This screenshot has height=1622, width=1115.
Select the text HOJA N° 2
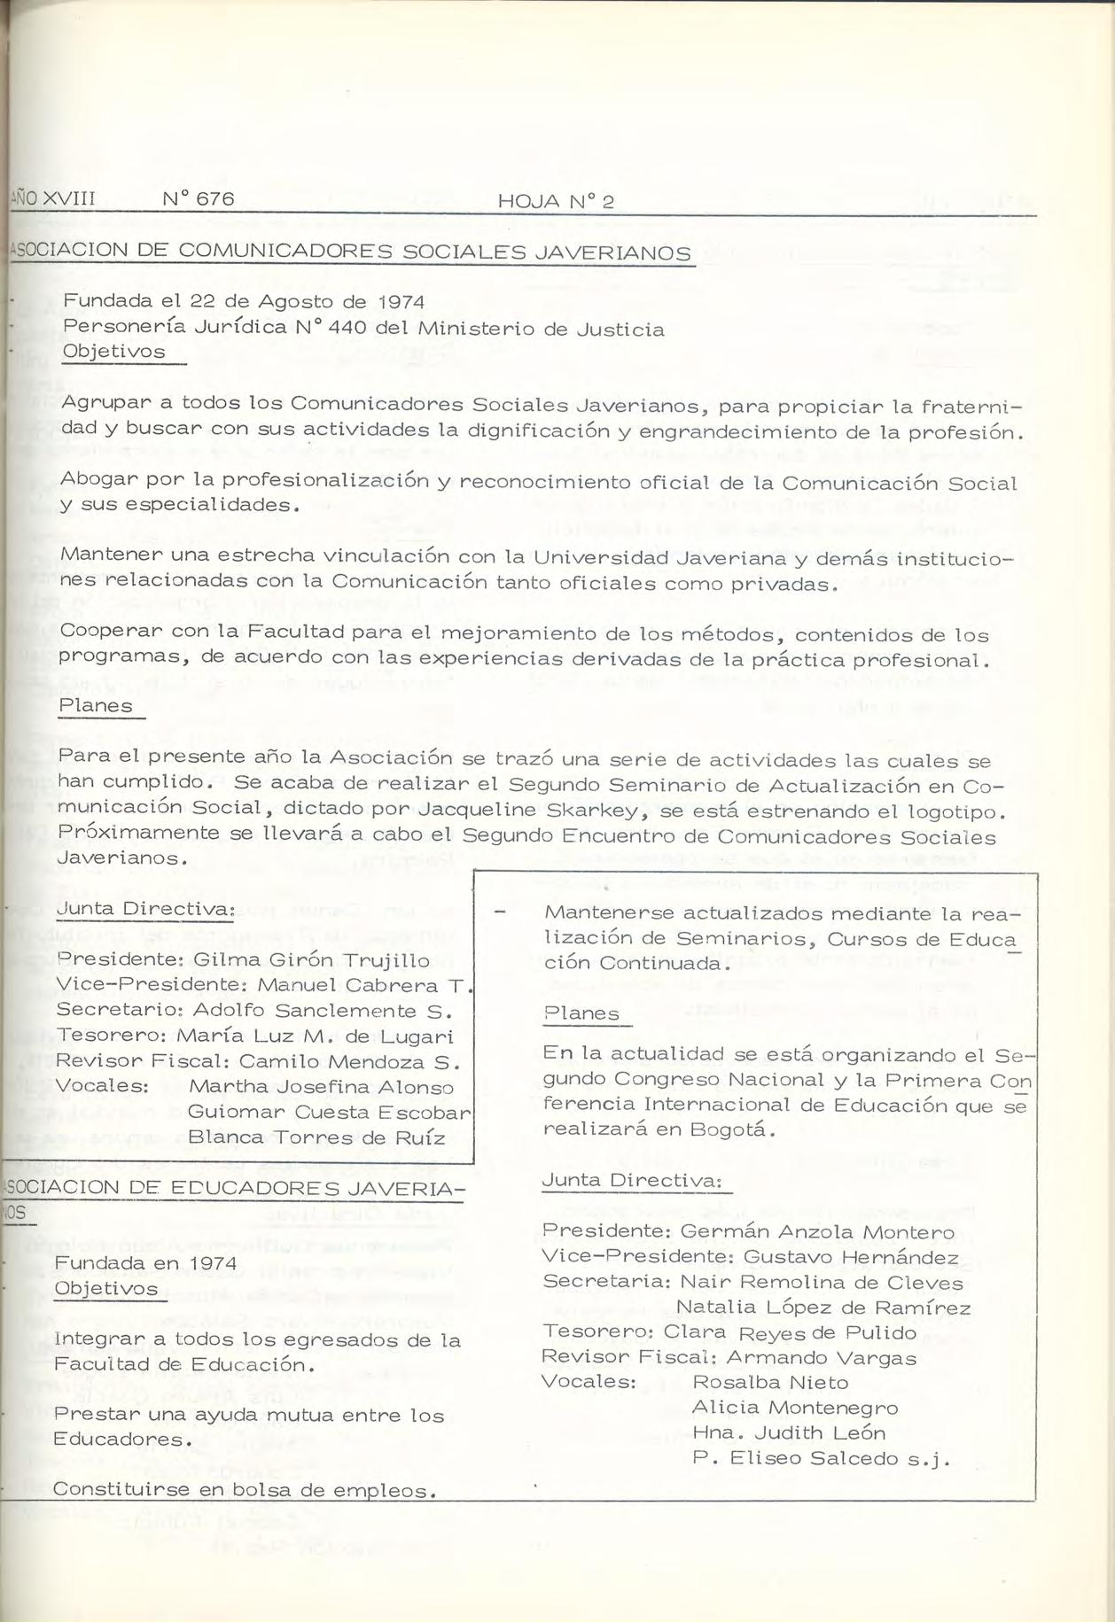(556, 201)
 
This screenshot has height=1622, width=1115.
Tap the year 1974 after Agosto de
(396, 302)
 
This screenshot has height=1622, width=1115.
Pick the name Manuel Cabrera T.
(363, 985)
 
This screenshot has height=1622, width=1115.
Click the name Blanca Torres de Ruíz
(316, 1137)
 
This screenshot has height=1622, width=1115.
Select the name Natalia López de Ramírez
(823, 1308)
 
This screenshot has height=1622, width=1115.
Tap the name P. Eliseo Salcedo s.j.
(821, 1459)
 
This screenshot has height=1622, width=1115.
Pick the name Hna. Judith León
(788, 1433)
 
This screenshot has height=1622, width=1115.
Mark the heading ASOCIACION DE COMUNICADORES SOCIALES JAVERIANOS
(350, 252)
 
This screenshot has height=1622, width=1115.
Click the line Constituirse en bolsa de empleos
(245, 1490)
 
